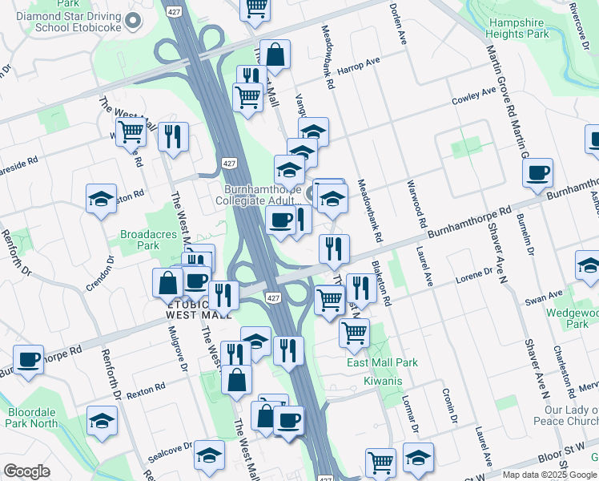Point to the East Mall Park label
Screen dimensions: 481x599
coord(382,363)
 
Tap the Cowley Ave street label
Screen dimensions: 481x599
coord(474,96)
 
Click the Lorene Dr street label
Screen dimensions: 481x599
coord(474,275)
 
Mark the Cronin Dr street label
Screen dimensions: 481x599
coord(448,406)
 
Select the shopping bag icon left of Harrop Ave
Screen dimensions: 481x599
coord(275,55)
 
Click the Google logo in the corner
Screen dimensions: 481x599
coord(26,471)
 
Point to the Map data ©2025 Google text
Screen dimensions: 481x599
coord(549,475)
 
